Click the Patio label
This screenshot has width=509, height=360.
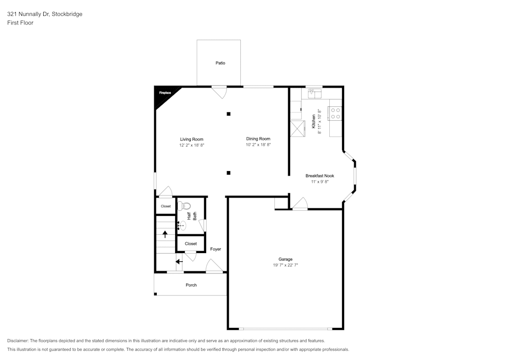(x=220, y=63)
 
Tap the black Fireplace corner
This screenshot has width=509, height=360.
(x=164, y=95)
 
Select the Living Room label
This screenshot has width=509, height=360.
(x=191, y=139)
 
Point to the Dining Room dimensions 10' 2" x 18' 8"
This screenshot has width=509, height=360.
(x=258, y=145)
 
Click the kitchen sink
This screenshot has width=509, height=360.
(x=315, y=93)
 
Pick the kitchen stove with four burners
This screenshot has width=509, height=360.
(x=335, y=113)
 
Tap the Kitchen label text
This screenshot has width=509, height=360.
(x=314, y=121)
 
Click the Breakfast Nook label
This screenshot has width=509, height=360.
(x=320, y=176)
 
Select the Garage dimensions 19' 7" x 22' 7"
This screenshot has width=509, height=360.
(x=286, y=265)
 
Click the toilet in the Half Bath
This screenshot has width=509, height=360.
(x=184, y=206)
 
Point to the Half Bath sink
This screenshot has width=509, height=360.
(x=182, y=225)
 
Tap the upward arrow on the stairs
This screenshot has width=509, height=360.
(x=165, y=234)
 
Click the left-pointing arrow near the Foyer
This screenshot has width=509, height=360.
(x=179, y=261)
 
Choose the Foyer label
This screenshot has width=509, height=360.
(x=215, y=250)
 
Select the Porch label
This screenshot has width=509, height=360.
(x=191, y=285)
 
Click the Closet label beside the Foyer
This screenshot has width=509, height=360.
(x=191, y=244)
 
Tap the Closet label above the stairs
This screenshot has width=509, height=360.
(x=165, y=206)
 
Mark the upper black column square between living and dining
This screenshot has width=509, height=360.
(x=229, y=114)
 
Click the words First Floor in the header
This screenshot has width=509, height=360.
(x=20, y=23)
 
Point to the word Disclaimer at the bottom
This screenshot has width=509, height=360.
(x=17, y=341)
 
